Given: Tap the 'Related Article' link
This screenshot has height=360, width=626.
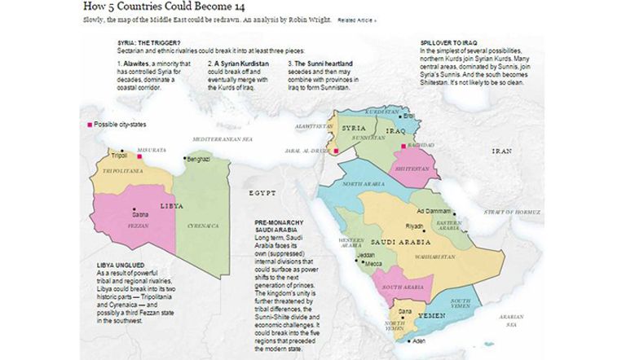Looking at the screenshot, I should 356,20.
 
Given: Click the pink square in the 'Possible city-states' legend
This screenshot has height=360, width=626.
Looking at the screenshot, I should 90,124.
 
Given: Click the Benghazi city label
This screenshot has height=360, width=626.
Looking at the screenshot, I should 199,159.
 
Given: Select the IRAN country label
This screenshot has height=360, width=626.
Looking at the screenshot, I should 501,151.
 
